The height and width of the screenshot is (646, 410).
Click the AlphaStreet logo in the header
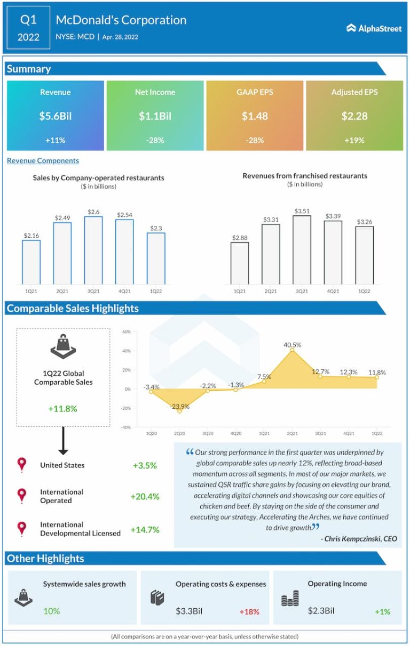374,28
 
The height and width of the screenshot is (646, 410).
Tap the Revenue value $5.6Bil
56,116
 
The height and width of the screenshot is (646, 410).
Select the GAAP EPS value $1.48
255,116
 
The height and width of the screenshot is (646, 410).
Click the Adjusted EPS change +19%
354,140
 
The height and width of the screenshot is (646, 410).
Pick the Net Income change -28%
155,140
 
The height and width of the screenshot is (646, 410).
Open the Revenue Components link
43,160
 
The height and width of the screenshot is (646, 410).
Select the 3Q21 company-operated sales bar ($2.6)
93,250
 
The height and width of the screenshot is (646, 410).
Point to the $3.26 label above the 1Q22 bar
365,221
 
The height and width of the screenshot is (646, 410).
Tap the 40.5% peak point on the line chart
292,350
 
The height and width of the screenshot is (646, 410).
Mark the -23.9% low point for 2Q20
179,411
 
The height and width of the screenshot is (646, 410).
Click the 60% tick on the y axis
127,332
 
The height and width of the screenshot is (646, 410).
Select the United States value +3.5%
145,465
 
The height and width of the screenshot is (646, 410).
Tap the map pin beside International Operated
22,496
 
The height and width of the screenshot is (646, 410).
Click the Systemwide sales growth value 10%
51,611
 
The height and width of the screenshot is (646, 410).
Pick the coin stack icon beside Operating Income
290,600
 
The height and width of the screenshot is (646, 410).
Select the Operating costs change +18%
249,611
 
